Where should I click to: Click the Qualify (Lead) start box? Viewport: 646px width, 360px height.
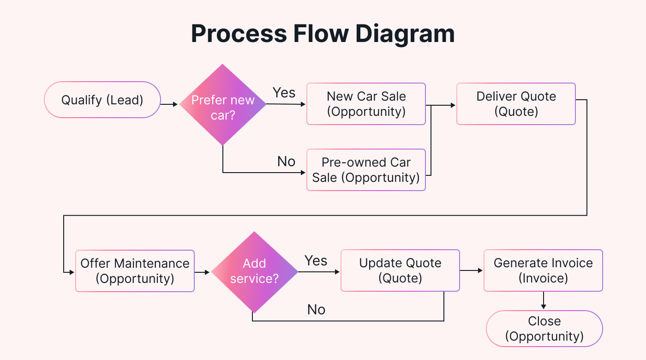coord(102,100)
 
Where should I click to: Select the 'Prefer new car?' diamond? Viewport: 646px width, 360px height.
coord(223,105)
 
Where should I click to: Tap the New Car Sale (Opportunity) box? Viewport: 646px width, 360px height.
coord(366,104)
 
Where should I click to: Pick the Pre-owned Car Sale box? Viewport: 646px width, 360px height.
coord(366,170)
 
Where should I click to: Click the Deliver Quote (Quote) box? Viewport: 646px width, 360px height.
coord(516,104)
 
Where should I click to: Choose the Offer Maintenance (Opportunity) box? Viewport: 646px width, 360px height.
coord(135,271)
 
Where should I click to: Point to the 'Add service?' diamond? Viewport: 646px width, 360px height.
coord(254,272)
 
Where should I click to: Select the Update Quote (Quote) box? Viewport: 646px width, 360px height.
coord(400,270)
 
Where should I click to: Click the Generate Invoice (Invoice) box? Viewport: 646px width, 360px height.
coord(543,270)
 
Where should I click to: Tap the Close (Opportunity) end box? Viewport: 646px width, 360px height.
coord(544,329)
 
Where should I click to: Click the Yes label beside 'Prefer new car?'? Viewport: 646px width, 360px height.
coord(284,93)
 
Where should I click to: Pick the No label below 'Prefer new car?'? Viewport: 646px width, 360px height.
coord(286,162)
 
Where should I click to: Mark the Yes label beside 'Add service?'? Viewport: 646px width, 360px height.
coord(316,261)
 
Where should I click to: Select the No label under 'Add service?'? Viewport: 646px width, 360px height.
coord(316,310)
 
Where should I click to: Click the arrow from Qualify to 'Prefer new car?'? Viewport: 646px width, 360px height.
coord(169,105)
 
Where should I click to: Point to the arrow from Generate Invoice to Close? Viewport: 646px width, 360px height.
coord(544,300)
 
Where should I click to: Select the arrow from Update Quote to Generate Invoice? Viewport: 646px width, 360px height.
coord(471,271)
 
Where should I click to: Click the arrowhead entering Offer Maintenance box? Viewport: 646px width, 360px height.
coord(71,272)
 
